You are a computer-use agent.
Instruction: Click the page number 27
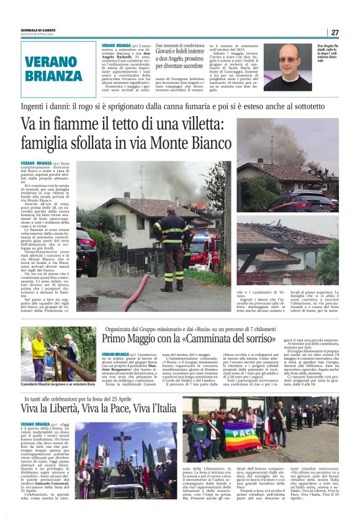[335, 32]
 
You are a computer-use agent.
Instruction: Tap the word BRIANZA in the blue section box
[53, 76]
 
